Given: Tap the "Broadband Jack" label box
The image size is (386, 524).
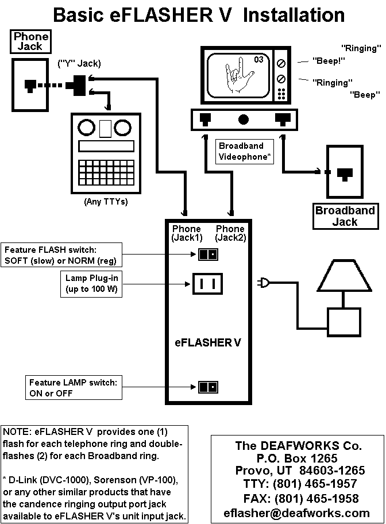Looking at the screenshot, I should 345,216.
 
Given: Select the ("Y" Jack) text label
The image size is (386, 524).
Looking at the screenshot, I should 78,63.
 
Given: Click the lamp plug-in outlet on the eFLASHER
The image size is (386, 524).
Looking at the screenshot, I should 207,283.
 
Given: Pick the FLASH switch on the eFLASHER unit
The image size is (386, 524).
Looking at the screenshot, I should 207,254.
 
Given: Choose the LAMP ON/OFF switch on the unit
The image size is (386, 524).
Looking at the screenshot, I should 207,387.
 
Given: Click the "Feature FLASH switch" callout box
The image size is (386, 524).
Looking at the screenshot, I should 63,255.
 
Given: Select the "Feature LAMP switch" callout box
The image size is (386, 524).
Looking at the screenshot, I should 74,388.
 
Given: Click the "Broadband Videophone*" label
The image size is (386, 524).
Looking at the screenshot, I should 245,151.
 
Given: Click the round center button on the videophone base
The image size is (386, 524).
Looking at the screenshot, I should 244,120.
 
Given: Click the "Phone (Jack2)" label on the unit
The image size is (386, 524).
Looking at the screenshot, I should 230,233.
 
